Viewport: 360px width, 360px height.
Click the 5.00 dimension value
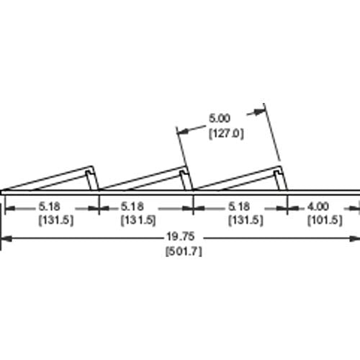(x=220, y=118)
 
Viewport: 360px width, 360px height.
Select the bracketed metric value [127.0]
(x=226, y=133)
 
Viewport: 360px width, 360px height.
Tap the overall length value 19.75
(x=181, y=237)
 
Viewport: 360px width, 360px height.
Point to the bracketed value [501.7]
(x=184, y=251)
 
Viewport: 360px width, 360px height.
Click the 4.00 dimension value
(x=318, y=207)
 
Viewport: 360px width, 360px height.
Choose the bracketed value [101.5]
(x=325, y=220)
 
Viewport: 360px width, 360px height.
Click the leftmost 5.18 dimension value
(x=50, y=207)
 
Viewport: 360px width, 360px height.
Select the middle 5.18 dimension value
(x=132, y=207)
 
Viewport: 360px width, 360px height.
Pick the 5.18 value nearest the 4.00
(x=239, y=207)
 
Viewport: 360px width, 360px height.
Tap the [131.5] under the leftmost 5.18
(x=56, y=220)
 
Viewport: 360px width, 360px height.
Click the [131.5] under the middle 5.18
(x=138, y=220)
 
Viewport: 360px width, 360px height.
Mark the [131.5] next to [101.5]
(x=246, y=220)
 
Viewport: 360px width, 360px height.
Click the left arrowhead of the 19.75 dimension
(x=6, y=238)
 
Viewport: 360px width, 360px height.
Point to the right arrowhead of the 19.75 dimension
(x=355, y=238)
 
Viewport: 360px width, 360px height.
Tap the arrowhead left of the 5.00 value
(x=183, y=131)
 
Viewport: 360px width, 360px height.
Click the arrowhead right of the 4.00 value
(x=355, y=209)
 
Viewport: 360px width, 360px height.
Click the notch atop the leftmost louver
(x=89, y=173)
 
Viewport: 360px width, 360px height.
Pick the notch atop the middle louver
(x=183, y=173)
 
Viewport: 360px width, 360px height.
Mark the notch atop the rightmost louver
(x=277, y=173)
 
